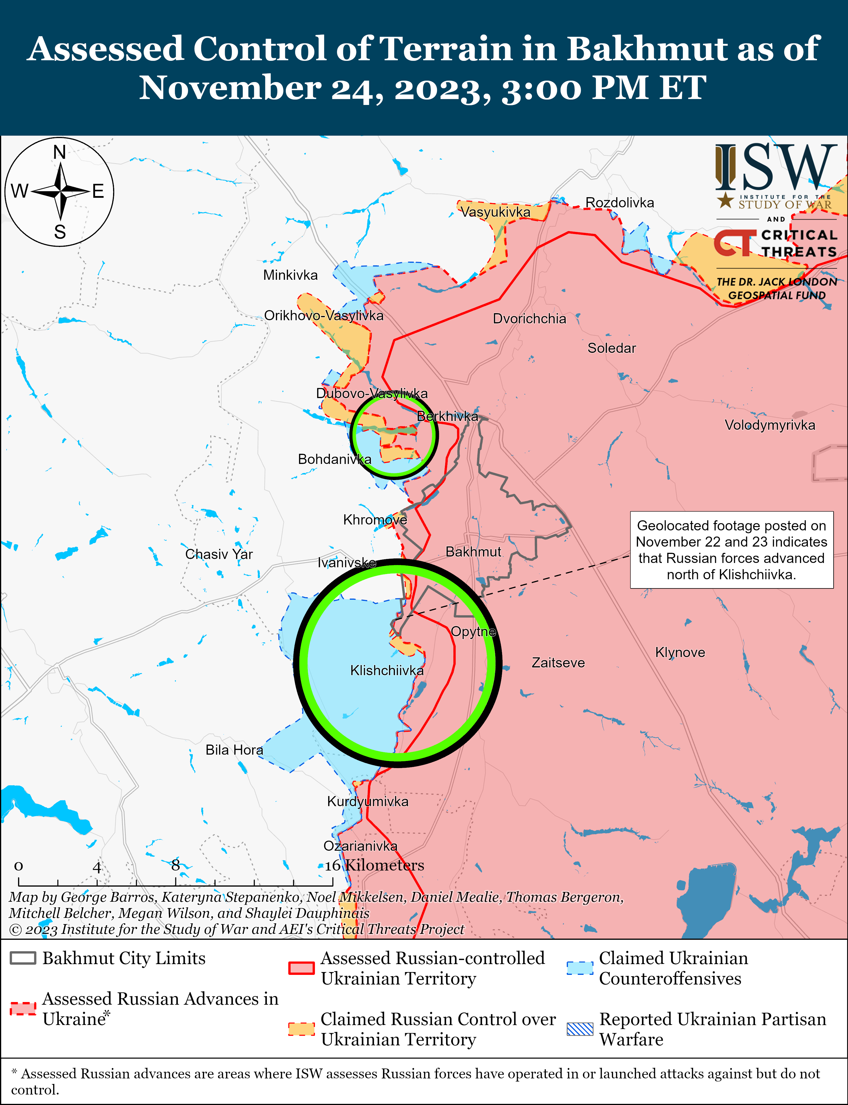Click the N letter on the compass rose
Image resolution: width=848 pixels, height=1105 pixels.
click(x=60, y=152)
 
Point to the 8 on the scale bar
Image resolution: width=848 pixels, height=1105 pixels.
click(x=175, y=865)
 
